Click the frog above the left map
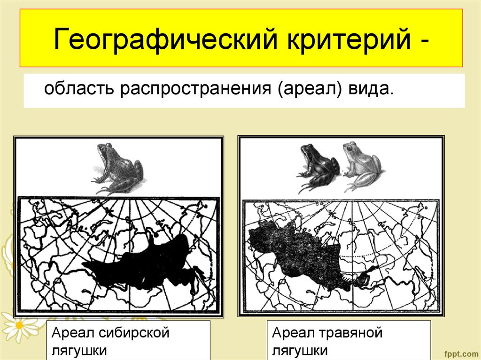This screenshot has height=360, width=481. [118, 169]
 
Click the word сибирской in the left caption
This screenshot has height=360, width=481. [133, 334]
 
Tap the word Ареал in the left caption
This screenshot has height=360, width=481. [72, 334]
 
